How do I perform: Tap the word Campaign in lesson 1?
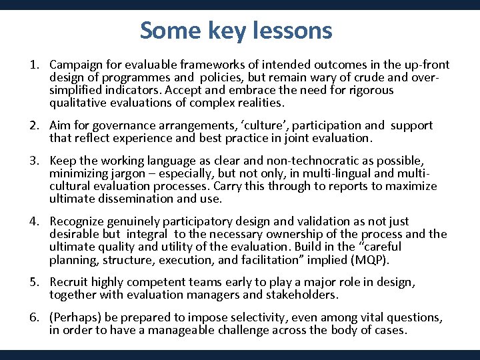74,65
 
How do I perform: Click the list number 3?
33,161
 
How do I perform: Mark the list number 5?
33,282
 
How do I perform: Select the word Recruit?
69,282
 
